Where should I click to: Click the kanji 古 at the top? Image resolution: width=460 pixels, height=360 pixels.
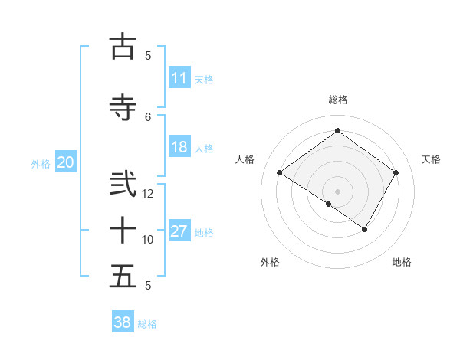123,46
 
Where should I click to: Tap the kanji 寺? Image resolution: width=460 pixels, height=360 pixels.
123,106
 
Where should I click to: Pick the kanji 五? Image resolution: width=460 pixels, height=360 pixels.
123,276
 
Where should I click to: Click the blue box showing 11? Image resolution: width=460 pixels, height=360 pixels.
179,78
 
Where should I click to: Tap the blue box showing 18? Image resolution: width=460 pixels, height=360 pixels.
179,147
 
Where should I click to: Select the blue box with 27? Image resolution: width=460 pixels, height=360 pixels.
179,231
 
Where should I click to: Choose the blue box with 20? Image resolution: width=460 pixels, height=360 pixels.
65,162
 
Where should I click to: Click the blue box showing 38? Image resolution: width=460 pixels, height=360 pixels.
123,322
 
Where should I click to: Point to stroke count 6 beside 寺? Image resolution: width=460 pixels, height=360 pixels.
148,116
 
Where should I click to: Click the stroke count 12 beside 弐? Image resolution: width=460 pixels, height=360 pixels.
148,193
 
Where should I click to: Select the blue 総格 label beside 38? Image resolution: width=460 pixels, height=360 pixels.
147,324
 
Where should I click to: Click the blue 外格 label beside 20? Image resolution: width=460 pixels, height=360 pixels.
41,164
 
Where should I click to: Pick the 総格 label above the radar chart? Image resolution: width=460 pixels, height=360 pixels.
337,100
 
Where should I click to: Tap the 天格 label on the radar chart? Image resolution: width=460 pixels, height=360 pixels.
431,159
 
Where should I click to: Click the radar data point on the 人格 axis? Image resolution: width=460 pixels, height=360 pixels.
280,173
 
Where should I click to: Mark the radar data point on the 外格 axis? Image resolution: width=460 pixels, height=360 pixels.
329,204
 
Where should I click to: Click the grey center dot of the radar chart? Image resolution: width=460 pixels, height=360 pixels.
337,191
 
